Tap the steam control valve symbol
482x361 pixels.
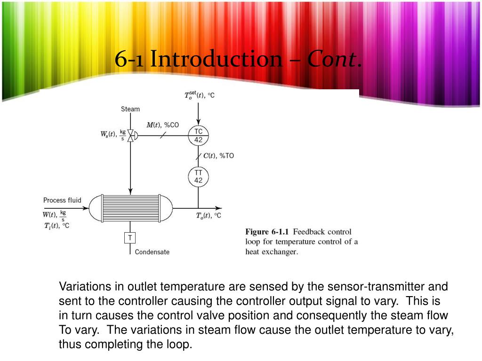pos(132,135)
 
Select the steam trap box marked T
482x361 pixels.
pos(130,237)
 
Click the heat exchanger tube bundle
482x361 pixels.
pos(131,208)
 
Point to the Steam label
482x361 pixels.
pos(130,109)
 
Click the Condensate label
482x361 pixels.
pos(152,252)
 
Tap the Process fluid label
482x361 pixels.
pos(62,200)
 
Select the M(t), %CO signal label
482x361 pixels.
pos(162,125)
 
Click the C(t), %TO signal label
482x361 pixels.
pos(218,156)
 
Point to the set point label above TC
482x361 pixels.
pos(199,95)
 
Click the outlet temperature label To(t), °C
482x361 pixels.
pos(209,216)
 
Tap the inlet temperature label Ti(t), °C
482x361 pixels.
pos(56,226)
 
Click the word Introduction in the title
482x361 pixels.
pos(216,59)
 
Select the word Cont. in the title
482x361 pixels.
pos(334,59)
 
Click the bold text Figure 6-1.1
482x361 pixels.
pos(267,232)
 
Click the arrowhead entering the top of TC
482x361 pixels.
pos(198,122)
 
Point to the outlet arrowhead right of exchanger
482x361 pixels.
pos(218,208)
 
